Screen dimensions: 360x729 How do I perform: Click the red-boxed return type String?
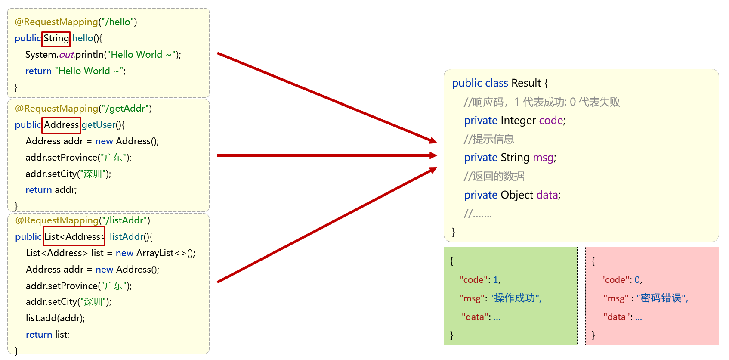(x=56, y=39)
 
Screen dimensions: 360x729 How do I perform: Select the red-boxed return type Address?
(x=61, y=125)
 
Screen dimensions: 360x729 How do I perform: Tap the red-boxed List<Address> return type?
(x=74, y=236)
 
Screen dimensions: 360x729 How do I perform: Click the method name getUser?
(x=99, y=125)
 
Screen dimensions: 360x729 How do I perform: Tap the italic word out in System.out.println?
(x=66, y=55)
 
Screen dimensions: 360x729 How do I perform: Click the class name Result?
(x=526, y=83)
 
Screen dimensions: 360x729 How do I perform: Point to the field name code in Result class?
(x=551, y=121)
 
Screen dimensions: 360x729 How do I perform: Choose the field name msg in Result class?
(x=543, y=158)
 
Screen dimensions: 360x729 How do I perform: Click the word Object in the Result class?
(x=517, y=195)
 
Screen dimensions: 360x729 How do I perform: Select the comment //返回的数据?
(x=494, y=176)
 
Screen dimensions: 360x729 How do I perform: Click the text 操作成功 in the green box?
(x=515, y=298)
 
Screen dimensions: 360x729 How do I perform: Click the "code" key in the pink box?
(x=615, y=280)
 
